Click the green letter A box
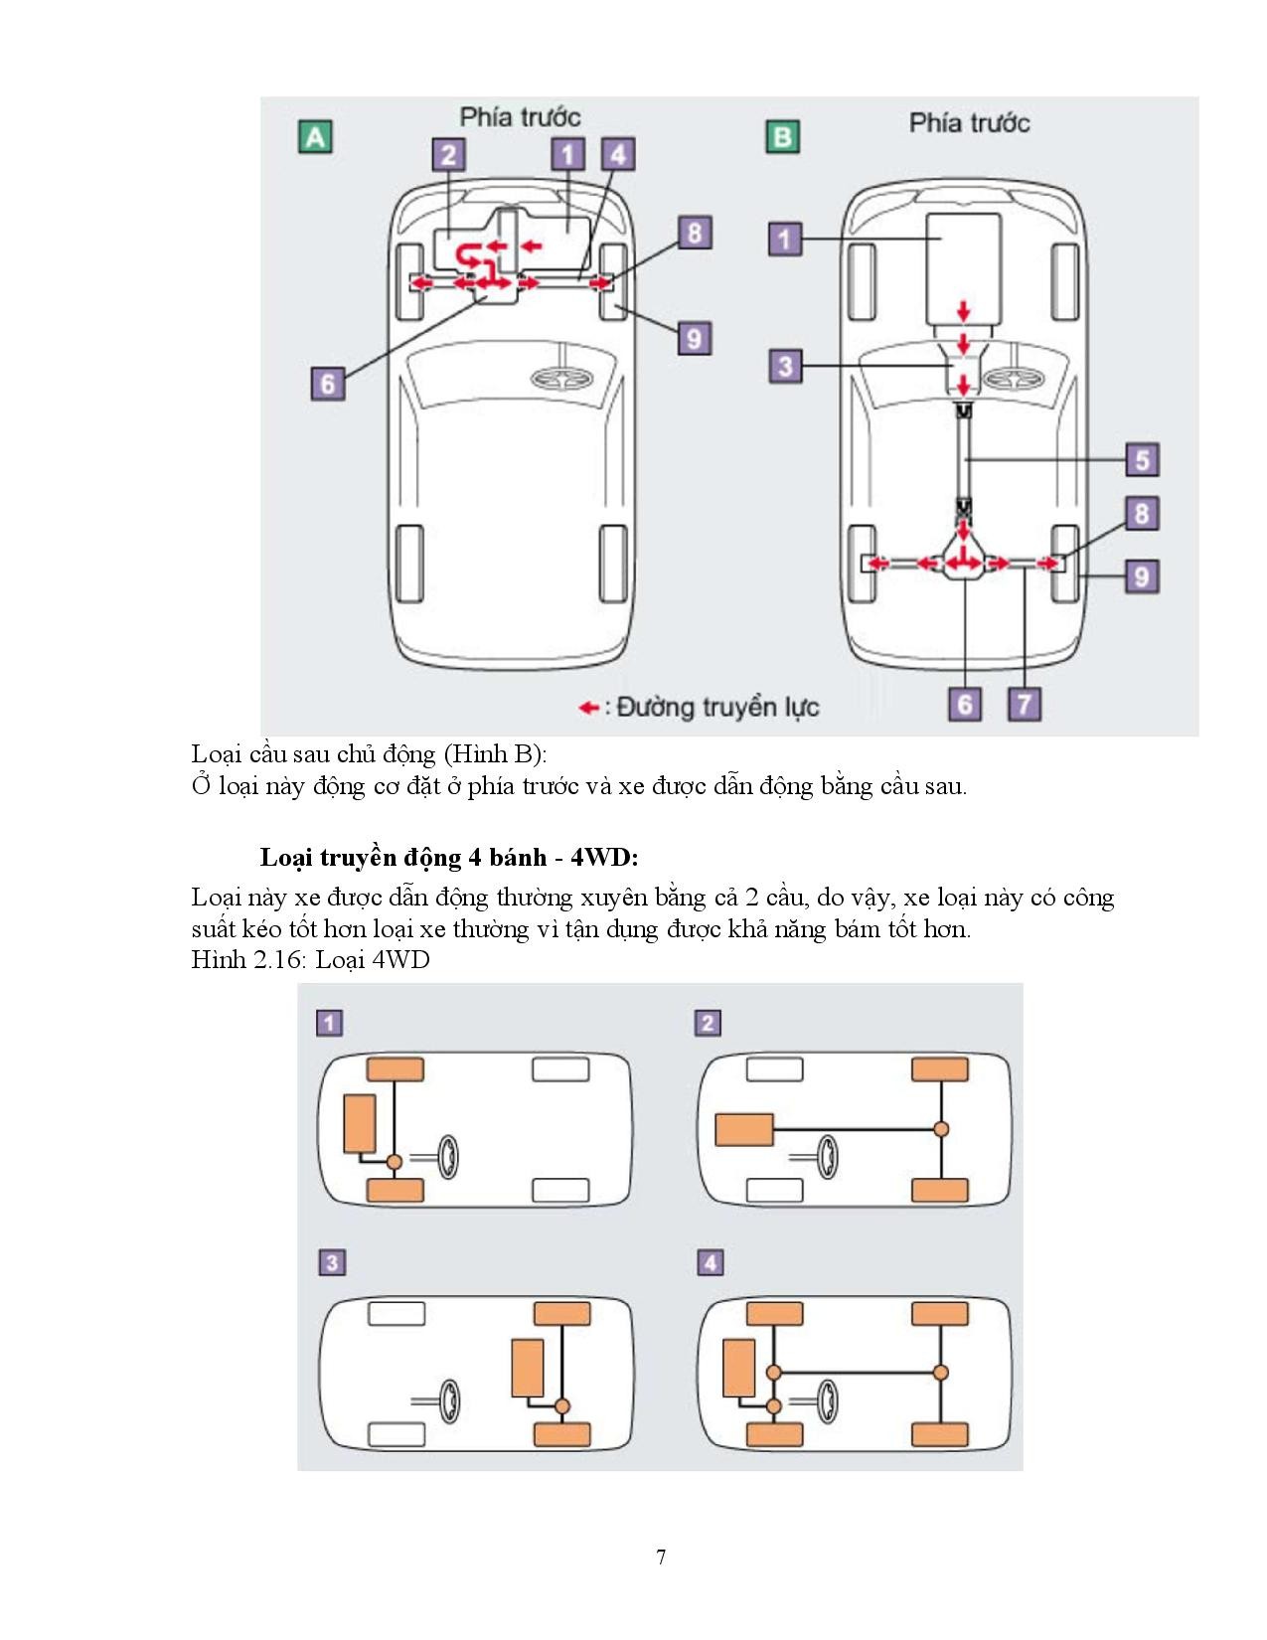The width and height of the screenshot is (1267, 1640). pos(315,136)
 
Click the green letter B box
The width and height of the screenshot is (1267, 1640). pos(782,136)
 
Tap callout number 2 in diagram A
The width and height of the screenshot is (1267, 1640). pos(448,154)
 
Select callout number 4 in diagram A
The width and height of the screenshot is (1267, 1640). pos(618,154)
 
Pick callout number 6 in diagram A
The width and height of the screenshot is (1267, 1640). pos(327,383)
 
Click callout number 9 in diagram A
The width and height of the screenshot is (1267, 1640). pos(694,338)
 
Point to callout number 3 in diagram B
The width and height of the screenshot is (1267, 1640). pos(785,366)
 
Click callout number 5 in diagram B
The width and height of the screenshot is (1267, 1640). pos(1142,459)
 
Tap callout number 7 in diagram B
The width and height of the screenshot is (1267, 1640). pos(1024,704)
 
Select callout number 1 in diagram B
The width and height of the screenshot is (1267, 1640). pos(785,240)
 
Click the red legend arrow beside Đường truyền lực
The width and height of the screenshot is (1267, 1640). pos(589,708)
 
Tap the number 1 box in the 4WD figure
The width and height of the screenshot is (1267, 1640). pos(329,1023)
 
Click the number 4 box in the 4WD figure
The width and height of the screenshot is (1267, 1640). pos(710,1262)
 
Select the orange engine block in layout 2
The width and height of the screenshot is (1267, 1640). pos(744,1130)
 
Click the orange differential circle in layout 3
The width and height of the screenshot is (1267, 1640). pos(562,1406)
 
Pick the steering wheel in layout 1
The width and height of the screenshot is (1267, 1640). pos(448,1158)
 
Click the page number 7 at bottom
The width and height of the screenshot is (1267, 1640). pos(661,1557)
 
